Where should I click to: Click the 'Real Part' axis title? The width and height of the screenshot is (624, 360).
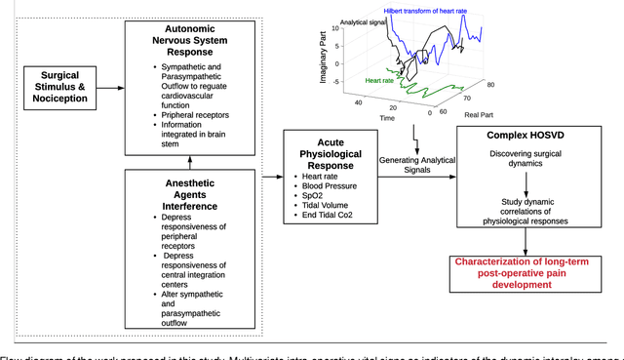pyautogui.click(x=479, y=116)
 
